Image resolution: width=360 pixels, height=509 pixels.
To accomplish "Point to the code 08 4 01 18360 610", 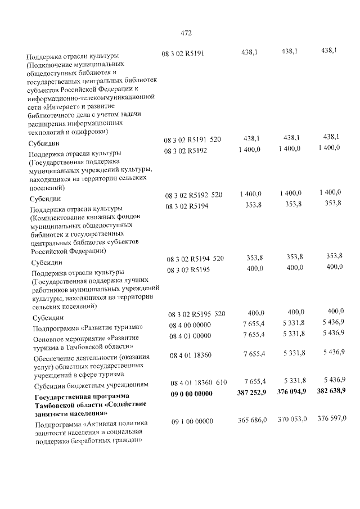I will coord(199,382).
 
